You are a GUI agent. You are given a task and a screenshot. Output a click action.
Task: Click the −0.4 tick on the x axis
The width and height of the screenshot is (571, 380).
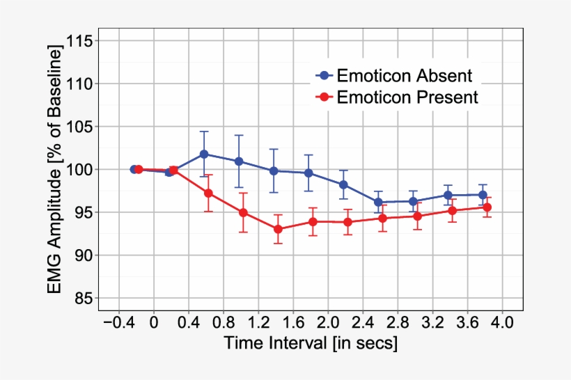point(119,323)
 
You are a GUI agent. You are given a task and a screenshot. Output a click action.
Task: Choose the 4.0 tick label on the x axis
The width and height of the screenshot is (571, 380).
point(502,323)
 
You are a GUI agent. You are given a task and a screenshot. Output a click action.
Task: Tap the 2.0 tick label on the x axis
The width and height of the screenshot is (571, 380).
point(327,323)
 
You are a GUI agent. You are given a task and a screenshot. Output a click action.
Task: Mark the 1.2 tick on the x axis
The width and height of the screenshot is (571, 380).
point(258,323)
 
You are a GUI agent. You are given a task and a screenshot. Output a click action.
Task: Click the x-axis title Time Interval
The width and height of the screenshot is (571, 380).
point(311,343)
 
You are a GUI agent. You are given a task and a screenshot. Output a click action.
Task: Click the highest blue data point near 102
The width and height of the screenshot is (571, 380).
point(204,154)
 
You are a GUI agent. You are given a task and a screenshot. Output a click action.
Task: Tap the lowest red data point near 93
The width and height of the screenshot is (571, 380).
point(278,229)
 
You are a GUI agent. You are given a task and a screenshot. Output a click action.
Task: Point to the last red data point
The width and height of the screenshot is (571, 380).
point(487,207)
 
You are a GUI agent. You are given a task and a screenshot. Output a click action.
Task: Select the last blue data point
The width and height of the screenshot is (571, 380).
point(483,195)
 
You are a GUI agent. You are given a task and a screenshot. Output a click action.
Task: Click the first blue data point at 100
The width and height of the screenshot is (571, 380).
point(134,169)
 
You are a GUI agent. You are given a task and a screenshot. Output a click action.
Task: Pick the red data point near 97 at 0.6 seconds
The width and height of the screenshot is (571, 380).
point(208,193)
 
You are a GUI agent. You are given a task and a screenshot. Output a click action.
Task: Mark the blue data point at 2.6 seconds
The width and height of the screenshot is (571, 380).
point(378,202)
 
